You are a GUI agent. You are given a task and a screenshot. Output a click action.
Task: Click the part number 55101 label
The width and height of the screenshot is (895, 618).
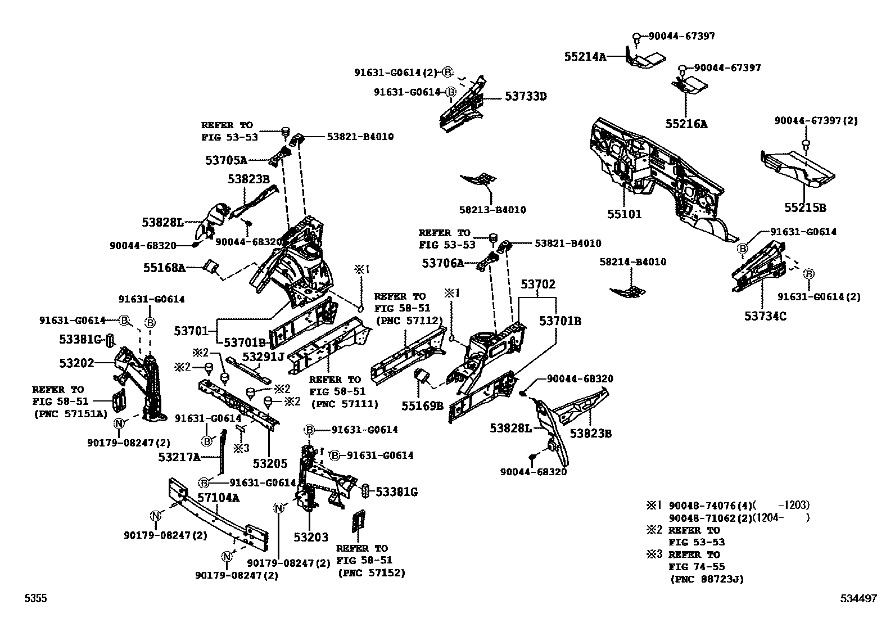click(x=623, y=214)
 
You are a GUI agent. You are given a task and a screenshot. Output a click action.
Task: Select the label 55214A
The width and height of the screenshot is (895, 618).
click(x=585, y=56)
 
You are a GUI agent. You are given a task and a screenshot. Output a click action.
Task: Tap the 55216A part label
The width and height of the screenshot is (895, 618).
click(x=686, y=124)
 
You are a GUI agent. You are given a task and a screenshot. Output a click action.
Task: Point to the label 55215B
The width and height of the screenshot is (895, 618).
click(x=805, y=207)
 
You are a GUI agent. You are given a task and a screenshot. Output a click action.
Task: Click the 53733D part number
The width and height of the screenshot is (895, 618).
click(x=525, y=96)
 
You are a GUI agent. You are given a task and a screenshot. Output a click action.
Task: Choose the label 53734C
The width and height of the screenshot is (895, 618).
click(x=765, y=316)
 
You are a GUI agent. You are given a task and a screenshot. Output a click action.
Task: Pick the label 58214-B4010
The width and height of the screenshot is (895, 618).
click(x=632, y=261)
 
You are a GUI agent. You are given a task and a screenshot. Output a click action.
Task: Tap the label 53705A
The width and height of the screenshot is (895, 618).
click(x=226, y=160)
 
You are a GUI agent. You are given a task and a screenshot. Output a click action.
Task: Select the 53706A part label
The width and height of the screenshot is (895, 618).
click(x=443, y=263)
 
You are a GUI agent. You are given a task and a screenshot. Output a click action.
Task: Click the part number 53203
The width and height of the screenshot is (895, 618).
click(x=310, y=537)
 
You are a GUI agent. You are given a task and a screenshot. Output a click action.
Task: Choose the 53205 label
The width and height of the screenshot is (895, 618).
click(x=270, y=463)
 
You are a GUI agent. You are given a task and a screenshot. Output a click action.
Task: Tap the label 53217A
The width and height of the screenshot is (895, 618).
click(x=179, y=457)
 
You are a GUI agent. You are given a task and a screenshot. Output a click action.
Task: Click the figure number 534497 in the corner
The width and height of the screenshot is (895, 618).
click(x=858, y=599)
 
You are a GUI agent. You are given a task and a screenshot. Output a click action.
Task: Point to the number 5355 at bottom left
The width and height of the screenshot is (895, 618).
click(x=35, y=599)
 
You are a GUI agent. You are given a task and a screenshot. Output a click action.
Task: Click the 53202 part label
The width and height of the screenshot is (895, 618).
click(x=76, y=363)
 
